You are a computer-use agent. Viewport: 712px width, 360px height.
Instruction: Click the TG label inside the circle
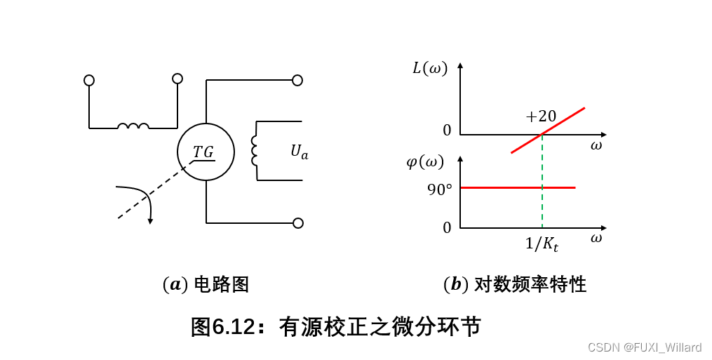[203, 152]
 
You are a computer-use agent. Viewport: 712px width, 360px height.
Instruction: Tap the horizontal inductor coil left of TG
[133, 126]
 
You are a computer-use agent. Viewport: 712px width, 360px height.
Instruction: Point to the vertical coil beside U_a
[255, 150]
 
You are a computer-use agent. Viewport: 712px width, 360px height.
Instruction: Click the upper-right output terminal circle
[297, 80]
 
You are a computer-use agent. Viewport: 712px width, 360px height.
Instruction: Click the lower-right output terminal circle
[298, 223]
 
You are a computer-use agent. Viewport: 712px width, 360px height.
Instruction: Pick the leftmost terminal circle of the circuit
[89, 80]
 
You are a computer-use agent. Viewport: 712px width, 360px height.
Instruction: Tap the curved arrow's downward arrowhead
[150, 220]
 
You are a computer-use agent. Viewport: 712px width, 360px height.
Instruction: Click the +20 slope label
[541, 116]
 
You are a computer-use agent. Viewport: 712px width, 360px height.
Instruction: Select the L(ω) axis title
[429, 68]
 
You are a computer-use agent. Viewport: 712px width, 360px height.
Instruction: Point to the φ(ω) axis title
[425, 162]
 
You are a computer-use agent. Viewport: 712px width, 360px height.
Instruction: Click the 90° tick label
[440, 189]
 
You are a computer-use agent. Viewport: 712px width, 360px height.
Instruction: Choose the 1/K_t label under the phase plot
[542, 244]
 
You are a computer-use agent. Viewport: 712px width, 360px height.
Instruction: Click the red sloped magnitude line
[561, 122]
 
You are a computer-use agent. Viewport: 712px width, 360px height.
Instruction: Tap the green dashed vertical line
[542, 204]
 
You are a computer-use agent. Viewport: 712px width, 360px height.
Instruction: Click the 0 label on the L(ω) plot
[447, 131]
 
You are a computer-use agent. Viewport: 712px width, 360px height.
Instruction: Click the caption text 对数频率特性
[530, 284]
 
